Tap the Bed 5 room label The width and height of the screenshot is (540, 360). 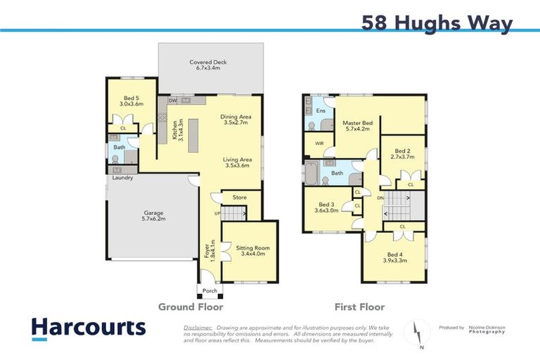[x=133, y=101]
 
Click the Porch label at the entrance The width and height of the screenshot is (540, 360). [x=210, y=290]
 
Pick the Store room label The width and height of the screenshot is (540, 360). [x=240, y=198]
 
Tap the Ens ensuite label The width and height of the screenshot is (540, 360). [x=321, y=111]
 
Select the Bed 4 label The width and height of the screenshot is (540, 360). [x=397, y=257]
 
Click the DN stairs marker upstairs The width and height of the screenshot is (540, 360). [x=380, y=198]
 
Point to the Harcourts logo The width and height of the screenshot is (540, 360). [x=88, y=328]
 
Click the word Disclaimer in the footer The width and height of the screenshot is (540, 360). [x=197, y=328]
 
